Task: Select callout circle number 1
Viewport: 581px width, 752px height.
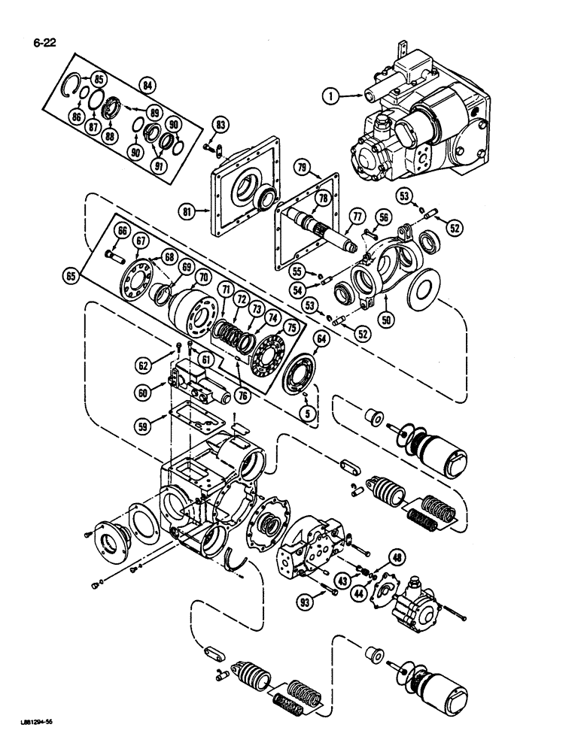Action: tap(327, 96)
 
